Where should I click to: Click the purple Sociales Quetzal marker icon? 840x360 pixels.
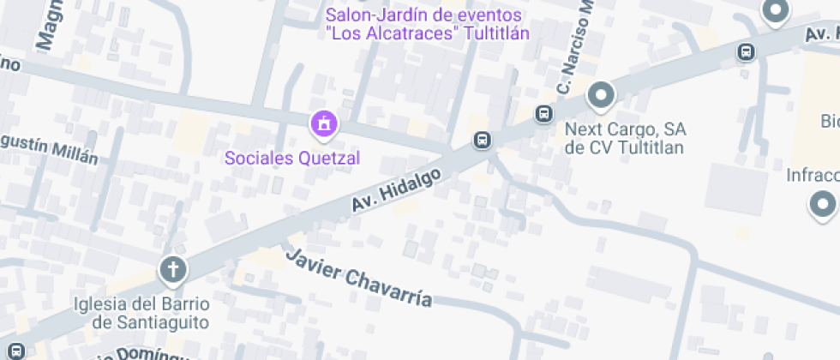[324, 124]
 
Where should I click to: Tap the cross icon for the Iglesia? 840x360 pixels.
[173, 271]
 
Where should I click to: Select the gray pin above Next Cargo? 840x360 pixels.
[601, 95]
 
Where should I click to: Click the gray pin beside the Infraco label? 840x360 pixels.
[823, 205]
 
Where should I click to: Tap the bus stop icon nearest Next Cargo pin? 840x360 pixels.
[543, 113]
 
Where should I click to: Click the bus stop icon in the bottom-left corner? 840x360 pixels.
[16, 350]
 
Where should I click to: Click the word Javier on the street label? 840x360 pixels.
[314, 267]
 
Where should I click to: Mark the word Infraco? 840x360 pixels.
[813, 176]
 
